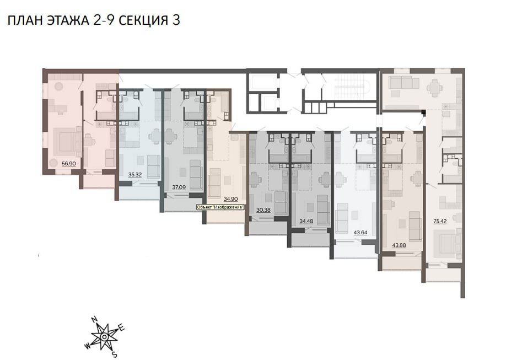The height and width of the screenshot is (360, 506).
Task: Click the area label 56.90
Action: (69, 164)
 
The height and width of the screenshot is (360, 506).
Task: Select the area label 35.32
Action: (135, 175)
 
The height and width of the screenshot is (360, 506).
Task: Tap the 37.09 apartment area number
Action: (179, 187)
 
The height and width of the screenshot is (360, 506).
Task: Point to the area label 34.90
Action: (231, 199)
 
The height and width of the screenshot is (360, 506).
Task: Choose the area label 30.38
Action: (263, 210)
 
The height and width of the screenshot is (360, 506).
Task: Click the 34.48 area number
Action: (306, 222)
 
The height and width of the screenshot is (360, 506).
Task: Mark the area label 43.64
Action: (360, 233)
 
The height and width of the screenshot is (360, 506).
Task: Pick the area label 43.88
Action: (399, 245)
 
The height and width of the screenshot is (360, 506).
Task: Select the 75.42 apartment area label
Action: (440, 222)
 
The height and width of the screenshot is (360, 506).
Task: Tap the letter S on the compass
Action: (114, 356)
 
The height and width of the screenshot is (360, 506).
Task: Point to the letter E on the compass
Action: (122, 329)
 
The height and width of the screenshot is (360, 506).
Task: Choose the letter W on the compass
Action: (87, 347)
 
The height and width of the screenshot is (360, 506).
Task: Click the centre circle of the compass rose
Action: (104, 337)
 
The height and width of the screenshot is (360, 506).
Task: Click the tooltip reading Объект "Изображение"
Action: (220, 207)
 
